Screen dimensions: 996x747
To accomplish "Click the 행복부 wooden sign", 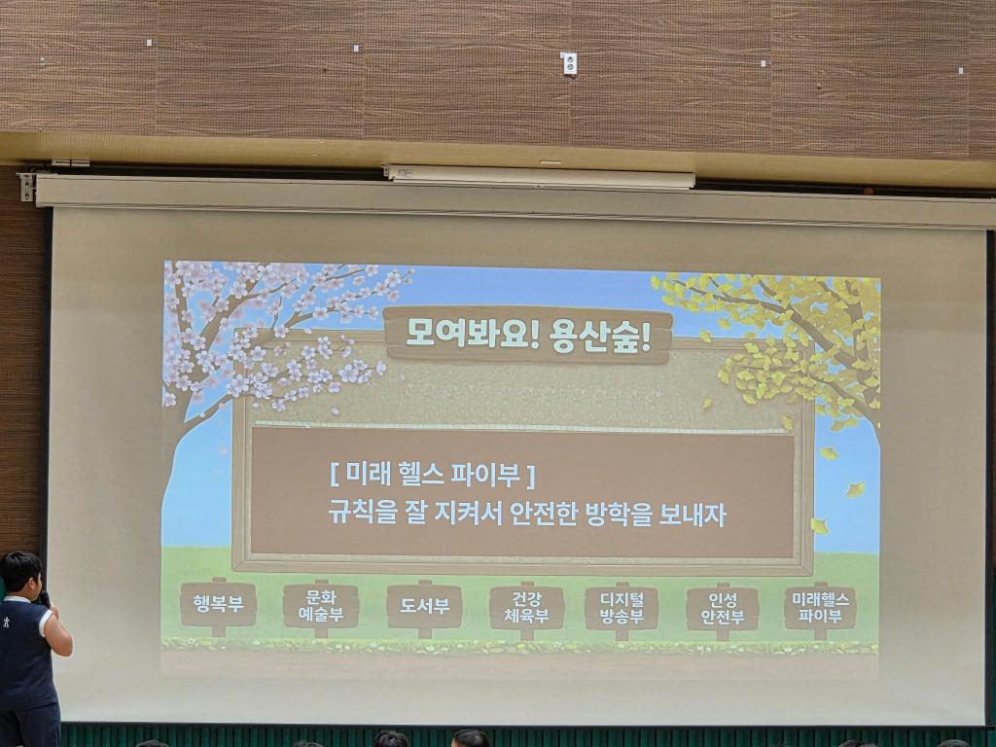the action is click(x=218, y=604).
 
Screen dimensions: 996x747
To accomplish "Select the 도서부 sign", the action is click(x=424, y=606).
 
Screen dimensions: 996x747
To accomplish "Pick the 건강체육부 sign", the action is click(x=526, y=608).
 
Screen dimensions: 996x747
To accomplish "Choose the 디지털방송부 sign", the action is click(x=622, y=609).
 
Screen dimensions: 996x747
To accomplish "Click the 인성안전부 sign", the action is click(x=723, y=609).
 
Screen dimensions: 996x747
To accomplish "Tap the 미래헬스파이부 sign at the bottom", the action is click(x=820, y=608).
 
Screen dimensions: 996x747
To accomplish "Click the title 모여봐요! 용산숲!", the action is click(x=528, y=336).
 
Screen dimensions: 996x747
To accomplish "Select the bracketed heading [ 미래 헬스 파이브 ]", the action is click(x=433, y=475).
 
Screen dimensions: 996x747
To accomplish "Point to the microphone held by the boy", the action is click(x=45, y=599).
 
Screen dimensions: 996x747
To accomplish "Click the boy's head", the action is click(x=20, y=574).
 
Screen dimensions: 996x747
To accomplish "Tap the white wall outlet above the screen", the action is click(x=568, y=63).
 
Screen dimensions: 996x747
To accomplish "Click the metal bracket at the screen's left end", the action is click(x=26, y=187).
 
